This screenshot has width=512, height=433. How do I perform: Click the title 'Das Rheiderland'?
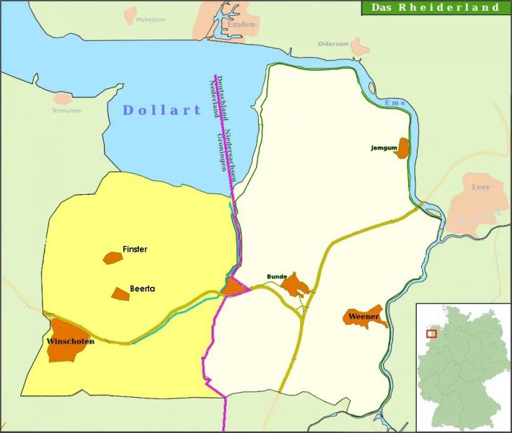(x=435, y=8)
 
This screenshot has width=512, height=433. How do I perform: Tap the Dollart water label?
(x=162, y=110)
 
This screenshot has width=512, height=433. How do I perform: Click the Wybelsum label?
(x=150, y=19)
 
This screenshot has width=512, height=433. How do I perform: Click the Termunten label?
(x=67, y=110)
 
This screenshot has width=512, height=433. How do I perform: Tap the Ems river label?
(x=395, y=103)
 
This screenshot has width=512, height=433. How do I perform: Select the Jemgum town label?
(x=384, y=148)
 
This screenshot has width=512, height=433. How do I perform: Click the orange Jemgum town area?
(x=402, y=149)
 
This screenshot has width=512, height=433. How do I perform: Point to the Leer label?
(x=480, y=187)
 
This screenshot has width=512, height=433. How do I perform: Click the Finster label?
(x=135, y=249)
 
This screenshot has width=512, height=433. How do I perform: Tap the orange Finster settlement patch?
(x=112, y=258)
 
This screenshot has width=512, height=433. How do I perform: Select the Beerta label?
(x=142, y=289)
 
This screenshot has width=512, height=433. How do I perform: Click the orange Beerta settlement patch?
(x=120, y=294)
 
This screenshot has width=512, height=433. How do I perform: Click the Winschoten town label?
(x=70, y=341)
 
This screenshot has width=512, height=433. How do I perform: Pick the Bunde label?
(x=277, y=276)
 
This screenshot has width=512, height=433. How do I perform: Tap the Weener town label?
(x=363, y=316)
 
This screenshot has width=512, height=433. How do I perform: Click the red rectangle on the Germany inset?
(x=431, y=333)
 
